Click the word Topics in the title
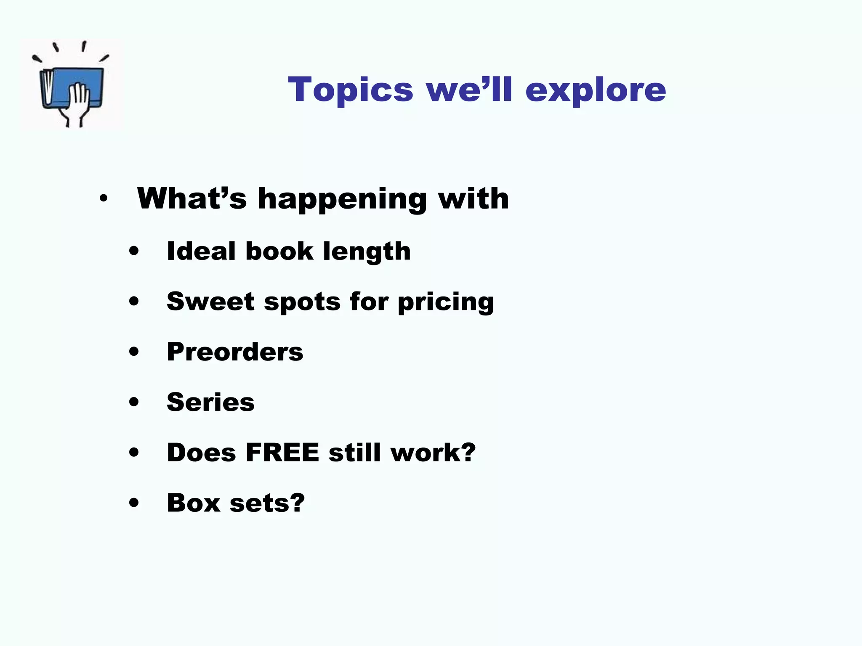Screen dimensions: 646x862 [350, 90]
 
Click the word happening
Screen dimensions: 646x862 [342, 199]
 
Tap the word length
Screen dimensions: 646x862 [367, 252]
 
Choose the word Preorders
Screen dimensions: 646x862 [235, 352]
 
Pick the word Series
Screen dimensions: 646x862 [210, 402]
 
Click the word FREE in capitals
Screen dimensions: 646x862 [282, 453]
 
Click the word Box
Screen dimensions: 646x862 [193, 503]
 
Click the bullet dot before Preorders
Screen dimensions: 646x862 [134, 352]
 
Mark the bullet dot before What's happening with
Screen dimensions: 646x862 [104, 198]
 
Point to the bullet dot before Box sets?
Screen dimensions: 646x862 [134, 503]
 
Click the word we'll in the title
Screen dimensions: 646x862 [469, 90]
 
